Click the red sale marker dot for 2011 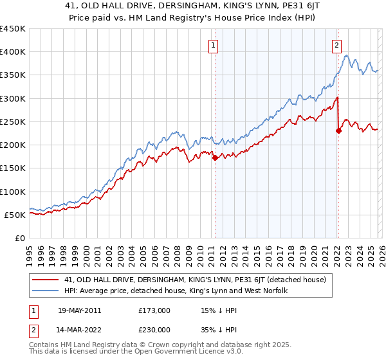pos(215,157)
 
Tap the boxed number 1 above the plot pos(213,45)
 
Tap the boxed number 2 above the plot pos(336,45)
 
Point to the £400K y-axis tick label pos(12,52)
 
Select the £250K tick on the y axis pos(12,122)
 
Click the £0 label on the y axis pos(19,238)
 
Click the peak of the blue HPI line pos(347,56)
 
